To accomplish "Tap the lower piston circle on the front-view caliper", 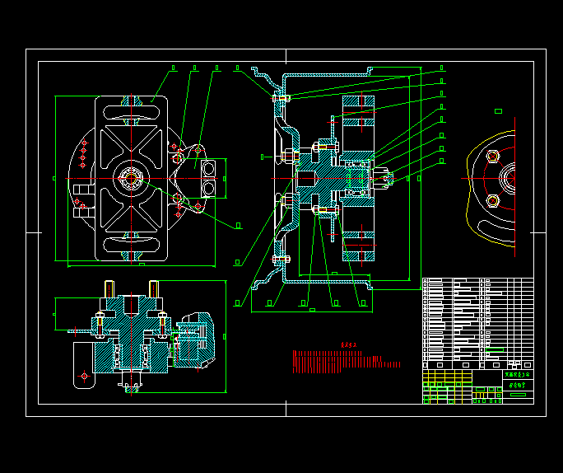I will point(207,189).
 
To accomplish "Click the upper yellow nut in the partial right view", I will point(493,157).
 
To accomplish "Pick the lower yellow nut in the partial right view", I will point(493,201).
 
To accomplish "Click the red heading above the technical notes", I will point(351,345).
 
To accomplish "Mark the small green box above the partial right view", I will point(498,110).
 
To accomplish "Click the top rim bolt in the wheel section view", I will point(281,98).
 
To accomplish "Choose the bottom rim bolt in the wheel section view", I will point(281,259).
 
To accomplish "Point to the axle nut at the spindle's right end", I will point(387,176).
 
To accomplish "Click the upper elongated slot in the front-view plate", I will point(132,107).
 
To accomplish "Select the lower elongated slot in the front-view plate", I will point(132,244).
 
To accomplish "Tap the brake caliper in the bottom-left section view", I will point(197,338).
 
